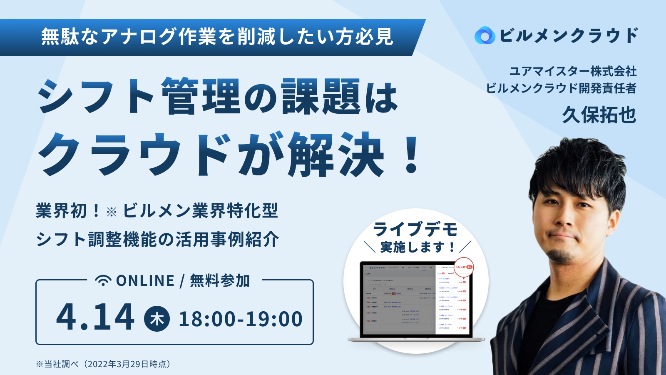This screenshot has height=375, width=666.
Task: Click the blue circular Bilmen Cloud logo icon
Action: (485, 35)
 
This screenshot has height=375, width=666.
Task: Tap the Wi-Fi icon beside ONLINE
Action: (103, 280)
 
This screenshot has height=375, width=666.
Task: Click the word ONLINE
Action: (145, 281)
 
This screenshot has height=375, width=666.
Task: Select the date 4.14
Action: (95, 317)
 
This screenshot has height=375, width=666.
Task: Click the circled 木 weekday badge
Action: (157, 319)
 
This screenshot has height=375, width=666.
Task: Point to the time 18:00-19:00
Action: (241, 319)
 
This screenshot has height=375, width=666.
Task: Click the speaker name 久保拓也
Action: (599, 115)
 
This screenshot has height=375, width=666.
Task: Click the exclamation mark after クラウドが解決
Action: (412, 155)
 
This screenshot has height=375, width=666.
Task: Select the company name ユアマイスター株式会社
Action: (573, 71)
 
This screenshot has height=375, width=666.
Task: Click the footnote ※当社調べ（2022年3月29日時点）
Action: (104, 364)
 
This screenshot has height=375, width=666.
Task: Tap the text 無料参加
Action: (220, 281)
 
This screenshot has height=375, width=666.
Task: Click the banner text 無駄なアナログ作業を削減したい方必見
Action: (216, 37)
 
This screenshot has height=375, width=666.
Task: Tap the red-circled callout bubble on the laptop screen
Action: (464, 267)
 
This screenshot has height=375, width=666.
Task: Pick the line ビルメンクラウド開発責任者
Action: (561, 88)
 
